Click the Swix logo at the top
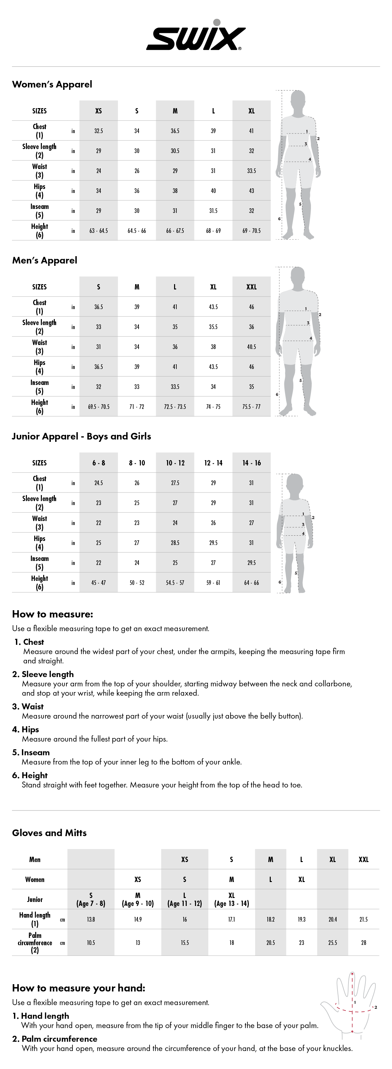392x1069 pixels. (196, 37)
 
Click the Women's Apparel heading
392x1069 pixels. (52, 84)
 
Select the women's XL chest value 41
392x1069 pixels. (251, 131)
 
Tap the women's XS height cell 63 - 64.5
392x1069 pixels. (99, 231)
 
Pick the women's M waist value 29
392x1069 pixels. (175, 171)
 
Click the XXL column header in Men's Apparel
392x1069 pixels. (251, 287)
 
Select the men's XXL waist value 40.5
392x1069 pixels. (251, 347)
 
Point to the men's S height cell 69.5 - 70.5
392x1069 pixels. (99, 407)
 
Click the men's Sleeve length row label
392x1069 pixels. (39, 327)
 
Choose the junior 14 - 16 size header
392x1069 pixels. (251, 463)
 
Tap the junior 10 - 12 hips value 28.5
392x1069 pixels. (175, 543)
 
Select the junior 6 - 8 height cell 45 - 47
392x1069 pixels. (99, 583)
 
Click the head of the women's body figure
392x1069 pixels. (298, 101)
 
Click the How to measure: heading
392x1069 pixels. (52, 614)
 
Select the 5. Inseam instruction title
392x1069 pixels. (31, 752)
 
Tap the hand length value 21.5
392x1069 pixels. (363, 920)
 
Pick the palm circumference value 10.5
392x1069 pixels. (91, 943)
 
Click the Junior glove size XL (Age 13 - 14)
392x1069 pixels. (231, 900)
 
